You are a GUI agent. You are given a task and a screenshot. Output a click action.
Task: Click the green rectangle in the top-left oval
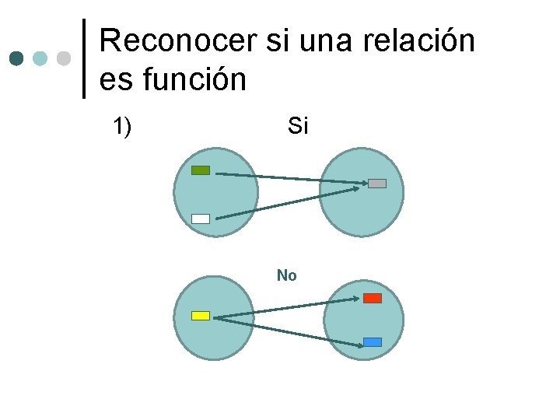(201, 170)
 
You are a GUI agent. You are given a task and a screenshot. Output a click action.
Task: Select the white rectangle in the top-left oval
(201, 219)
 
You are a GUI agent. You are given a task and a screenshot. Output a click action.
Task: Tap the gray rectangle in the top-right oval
(377, 184)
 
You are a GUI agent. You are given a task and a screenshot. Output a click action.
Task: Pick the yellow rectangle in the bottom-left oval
(201, 315)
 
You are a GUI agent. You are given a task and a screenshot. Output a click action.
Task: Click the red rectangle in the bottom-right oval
(373, 298)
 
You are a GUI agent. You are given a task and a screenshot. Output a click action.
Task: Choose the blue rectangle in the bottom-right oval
(373, 342)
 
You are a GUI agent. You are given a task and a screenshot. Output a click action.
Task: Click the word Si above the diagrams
(298, 126)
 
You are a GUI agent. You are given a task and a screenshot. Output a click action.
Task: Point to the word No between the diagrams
(286, 275)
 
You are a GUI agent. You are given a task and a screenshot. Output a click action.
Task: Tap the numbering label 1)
(121, 126)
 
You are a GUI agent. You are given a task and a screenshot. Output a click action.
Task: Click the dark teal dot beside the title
(17, 58)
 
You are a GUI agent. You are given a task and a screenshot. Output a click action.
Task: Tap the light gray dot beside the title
(64, 58)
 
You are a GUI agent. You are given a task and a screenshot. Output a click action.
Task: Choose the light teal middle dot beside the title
(40, 58)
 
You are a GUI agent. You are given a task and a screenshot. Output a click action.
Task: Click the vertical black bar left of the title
(84, 58)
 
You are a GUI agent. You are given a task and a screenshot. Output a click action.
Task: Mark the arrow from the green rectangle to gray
(288, 179)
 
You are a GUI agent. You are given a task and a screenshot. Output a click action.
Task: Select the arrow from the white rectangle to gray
(288, 202)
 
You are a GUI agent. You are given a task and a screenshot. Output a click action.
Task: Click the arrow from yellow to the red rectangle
(288, 308)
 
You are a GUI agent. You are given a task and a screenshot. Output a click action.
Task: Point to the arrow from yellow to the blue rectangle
(288, 329)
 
